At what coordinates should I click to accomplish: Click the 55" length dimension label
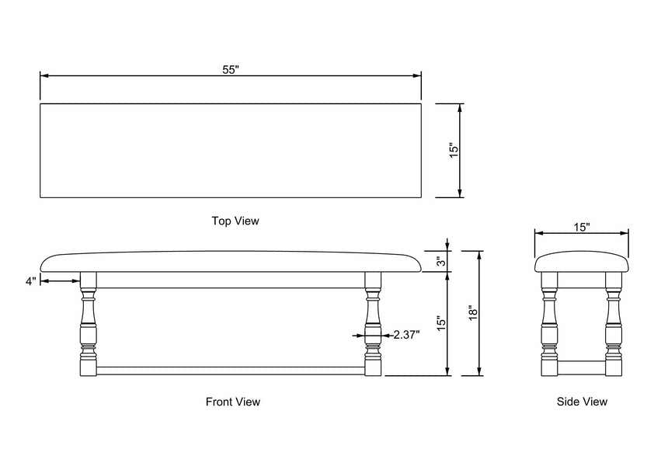pos(231,69)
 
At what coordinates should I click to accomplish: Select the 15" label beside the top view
pos(454,150)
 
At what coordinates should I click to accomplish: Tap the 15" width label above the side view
pos(582,227)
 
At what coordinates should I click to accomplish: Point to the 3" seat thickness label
pos(442,261)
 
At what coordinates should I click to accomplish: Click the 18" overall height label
pos(473,313)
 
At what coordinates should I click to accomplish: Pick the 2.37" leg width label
pos(406,335)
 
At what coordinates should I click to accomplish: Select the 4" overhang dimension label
pos(31,281)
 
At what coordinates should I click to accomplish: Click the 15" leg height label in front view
pos(441,323)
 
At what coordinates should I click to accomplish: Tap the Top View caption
pos(235,221)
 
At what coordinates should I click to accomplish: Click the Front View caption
pos(232,402)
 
